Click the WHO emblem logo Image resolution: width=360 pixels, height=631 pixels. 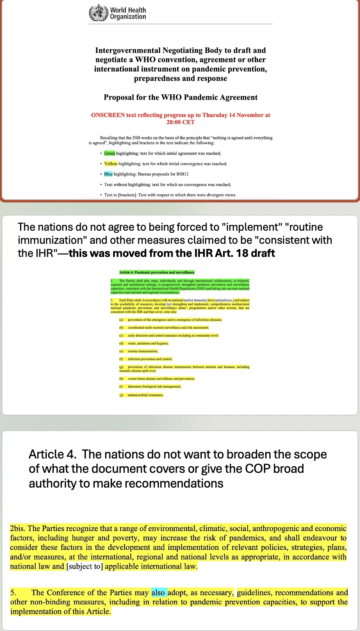98,13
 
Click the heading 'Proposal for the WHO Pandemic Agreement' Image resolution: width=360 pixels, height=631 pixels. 180,98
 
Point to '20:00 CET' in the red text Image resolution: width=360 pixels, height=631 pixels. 180,122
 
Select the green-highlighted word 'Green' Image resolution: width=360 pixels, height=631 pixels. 109,153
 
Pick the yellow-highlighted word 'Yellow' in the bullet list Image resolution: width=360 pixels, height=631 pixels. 111,164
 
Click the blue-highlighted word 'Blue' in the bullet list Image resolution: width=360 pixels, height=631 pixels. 108,174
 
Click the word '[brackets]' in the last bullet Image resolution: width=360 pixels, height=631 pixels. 125,195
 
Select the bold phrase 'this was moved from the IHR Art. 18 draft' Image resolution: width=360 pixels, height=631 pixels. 172,253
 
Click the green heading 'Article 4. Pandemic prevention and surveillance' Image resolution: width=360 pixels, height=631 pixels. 157,272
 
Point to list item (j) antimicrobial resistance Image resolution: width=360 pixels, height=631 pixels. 145,395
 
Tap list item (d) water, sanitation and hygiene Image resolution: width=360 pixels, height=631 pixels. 148,343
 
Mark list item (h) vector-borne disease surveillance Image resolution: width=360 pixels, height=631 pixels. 161,379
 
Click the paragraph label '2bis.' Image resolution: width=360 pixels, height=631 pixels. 18,529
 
